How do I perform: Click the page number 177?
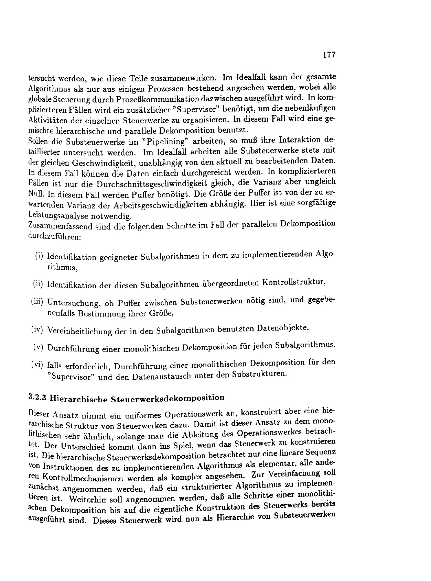329,55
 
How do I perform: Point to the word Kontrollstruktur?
293,283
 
